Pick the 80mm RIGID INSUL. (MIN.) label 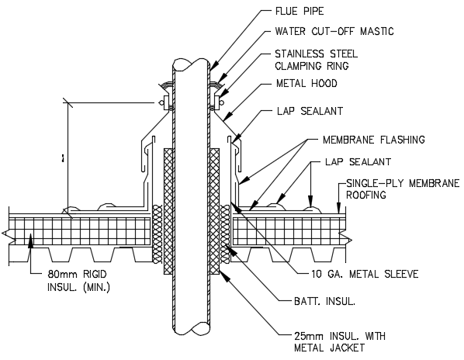78,281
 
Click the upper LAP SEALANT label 310,112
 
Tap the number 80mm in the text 59,275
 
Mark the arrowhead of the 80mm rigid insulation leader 29,242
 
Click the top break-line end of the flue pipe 190,63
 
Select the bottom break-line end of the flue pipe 190,329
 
